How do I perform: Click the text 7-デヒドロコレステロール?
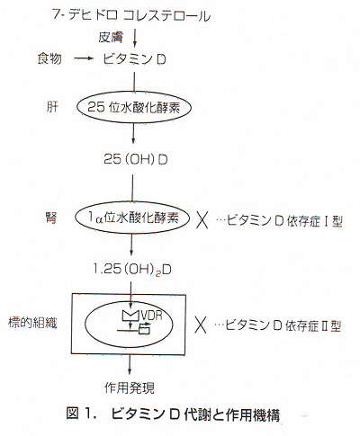(131, 15)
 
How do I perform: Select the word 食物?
(49, 58)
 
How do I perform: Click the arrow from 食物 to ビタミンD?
(84, 59)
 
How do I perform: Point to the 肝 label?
(52, 107)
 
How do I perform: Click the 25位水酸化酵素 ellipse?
(134, 93)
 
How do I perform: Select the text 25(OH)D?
(136, 160)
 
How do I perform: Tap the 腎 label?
(50, 218)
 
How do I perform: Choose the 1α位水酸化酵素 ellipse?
(132, 204)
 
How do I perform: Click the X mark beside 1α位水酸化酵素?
(202, 219)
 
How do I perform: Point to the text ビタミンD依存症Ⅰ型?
(279, 221)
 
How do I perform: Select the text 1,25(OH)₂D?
(132, 270)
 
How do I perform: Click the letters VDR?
(152, 316)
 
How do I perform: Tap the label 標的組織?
(32, 323)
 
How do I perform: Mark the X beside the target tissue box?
(200, 325)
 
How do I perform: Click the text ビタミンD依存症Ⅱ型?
(278, 325)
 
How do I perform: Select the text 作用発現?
(130, 387)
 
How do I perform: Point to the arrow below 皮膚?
(135, 38)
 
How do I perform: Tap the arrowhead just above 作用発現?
(130, 371)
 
